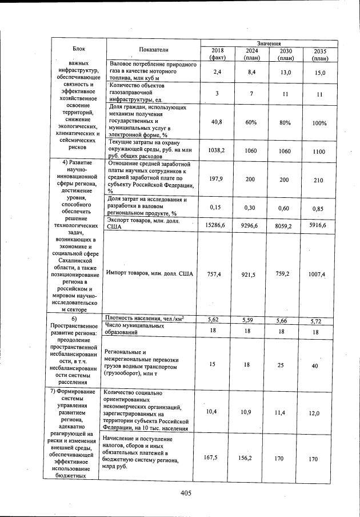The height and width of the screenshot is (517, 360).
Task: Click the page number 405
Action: coord(184,493)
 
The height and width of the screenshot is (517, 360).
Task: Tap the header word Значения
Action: coord(268,43)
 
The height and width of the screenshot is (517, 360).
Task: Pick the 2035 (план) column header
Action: coord(319,54)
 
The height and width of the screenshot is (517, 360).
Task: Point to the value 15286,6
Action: coord(215,226)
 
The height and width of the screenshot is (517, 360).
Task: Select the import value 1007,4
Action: coord(315,275)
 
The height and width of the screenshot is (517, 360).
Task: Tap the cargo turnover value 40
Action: coord(315,365)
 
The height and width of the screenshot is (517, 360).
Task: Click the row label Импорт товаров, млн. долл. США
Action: coord(149,274)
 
